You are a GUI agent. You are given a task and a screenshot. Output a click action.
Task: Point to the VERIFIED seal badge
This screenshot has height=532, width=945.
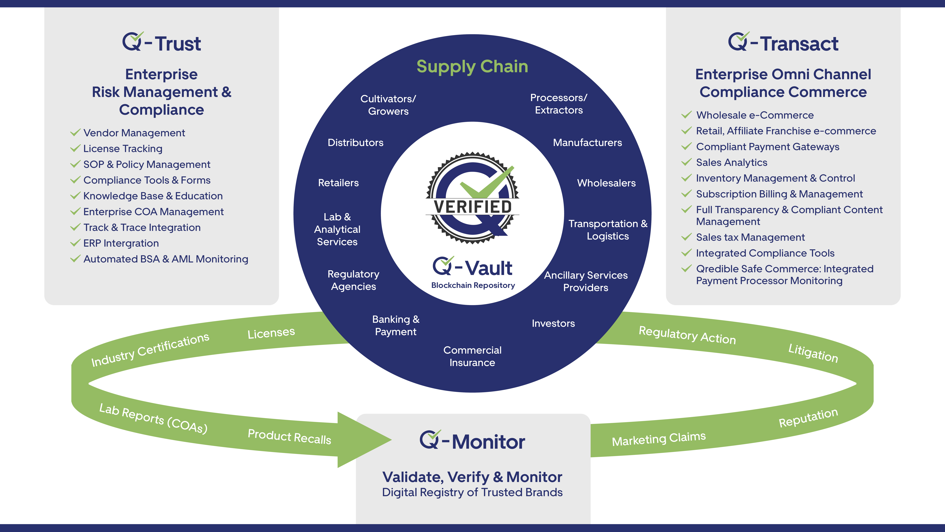point(472,198)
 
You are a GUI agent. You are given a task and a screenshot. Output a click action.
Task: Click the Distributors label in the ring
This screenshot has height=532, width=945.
point(355,142)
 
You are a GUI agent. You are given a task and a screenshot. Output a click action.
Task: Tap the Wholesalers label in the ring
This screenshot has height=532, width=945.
point(606,183)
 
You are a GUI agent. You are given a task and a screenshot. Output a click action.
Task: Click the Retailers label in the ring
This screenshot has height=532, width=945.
point(338,183)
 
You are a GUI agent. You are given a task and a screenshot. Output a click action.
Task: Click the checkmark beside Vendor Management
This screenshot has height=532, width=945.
point(75,133)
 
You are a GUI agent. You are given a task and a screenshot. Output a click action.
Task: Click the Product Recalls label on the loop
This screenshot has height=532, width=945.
point(289,437)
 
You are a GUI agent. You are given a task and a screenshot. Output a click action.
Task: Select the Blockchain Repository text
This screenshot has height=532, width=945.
point(473,285)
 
